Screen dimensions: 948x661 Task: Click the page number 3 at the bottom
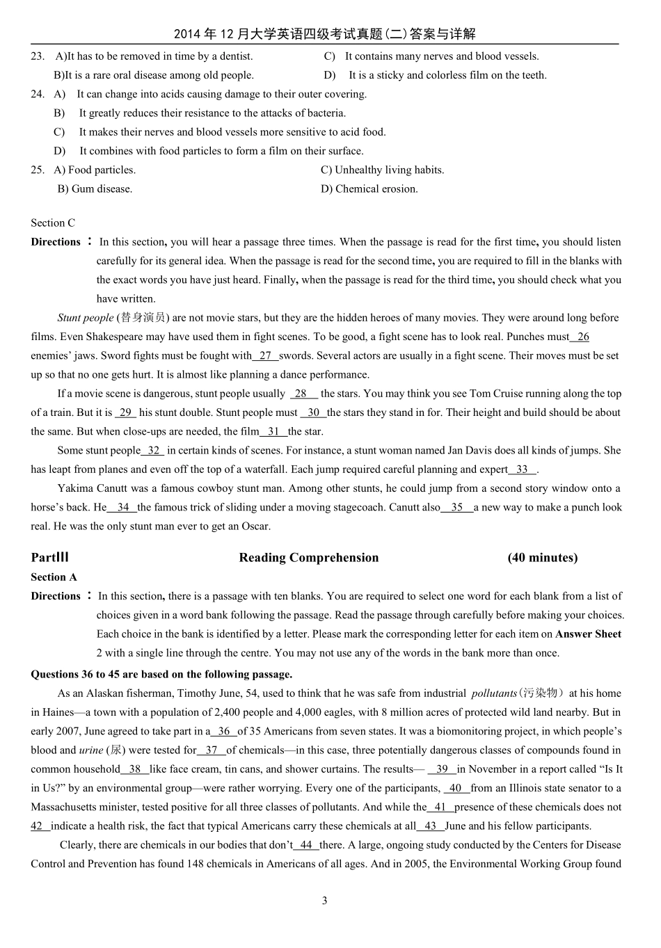(324, 901)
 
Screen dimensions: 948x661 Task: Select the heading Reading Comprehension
(309, 558)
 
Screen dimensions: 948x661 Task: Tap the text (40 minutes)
(542, 558)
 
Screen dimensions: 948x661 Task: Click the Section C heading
(53, 223)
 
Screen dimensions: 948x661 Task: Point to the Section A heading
(54, 577)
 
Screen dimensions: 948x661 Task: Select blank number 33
(522, 469)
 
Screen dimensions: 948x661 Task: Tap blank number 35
(457, 508)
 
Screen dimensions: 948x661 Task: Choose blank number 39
(442, 769)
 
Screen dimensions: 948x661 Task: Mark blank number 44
(306, 845)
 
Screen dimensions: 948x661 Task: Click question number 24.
(38, 94)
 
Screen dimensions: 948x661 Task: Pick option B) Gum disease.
(95, 189)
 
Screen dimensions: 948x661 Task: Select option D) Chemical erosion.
(369, 189)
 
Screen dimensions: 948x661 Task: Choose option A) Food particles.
(95, 170)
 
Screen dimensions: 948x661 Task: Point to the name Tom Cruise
(494, 394)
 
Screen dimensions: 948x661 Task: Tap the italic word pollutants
(494, 693)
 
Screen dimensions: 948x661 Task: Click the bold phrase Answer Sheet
(588, 634)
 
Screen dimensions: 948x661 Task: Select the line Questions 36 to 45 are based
(161, 675)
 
